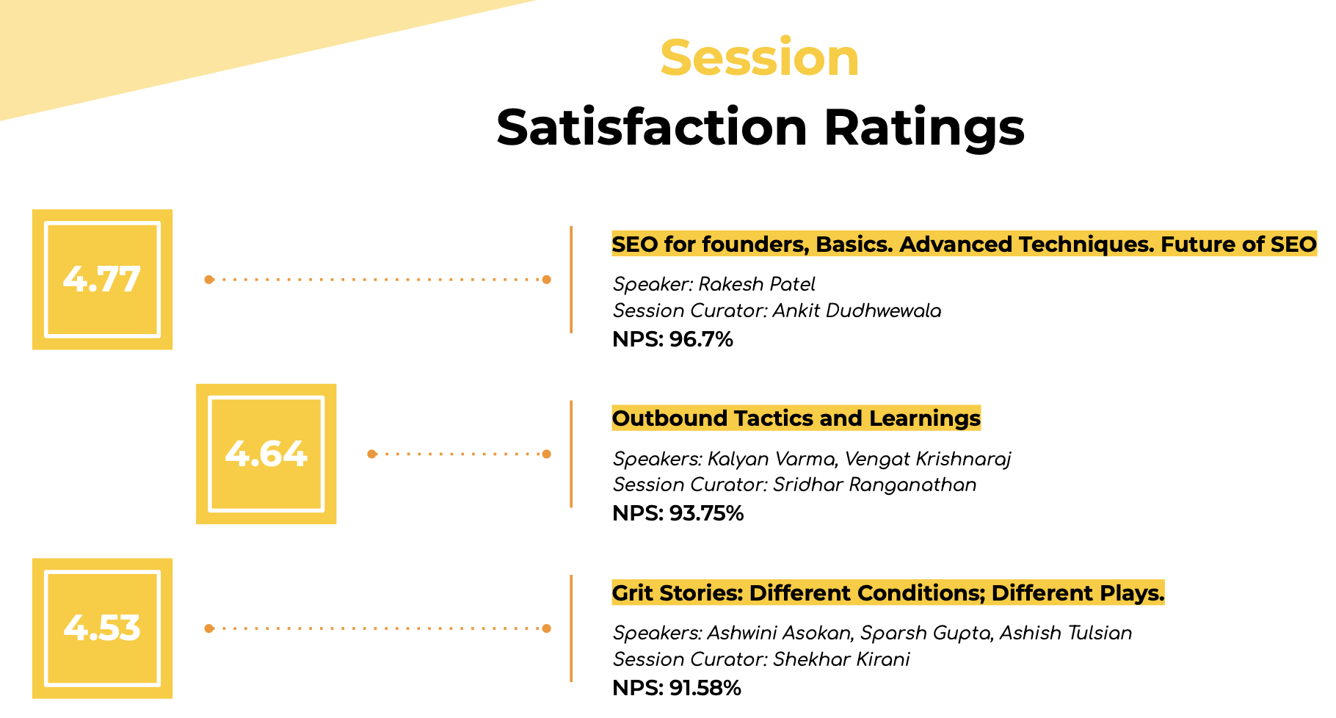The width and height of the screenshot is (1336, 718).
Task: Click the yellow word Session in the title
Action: [760, 57]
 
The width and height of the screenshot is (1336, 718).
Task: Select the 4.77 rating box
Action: [102, 279]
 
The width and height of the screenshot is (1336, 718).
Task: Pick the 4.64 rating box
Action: [266, 454]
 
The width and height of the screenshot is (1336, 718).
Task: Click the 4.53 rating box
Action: [102, 628]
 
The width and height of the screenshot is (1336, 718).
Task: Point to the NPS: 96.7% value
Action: [673, 339]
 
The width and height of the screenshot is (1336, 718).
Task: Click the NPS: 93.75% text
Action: [678, 513]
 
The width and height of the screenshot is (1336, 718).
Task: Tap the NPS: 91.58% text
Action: [677, 688]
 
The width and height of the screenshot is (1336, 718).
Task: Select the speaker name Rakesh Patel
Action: [757, 284]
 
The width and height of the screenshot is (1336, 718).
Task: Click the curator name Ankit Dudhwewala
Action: [857, 311]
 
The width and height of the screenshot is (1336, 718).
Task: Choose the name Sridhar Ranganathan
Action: [875, 485]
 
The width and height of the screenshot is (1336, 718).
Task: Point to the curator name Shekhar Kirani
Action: [842, 659]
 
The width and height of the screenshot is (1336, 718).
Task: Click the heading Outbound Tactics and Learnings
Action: [796, 418]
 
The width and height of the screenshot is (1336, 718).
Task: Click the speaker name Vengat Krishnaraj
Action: [928, 459]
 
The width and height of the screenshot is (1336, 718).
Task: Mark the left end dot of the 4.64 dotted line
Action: [372, 454]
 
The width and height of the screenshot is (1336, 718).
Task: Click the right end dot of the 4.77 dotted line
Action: [546, 279]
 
